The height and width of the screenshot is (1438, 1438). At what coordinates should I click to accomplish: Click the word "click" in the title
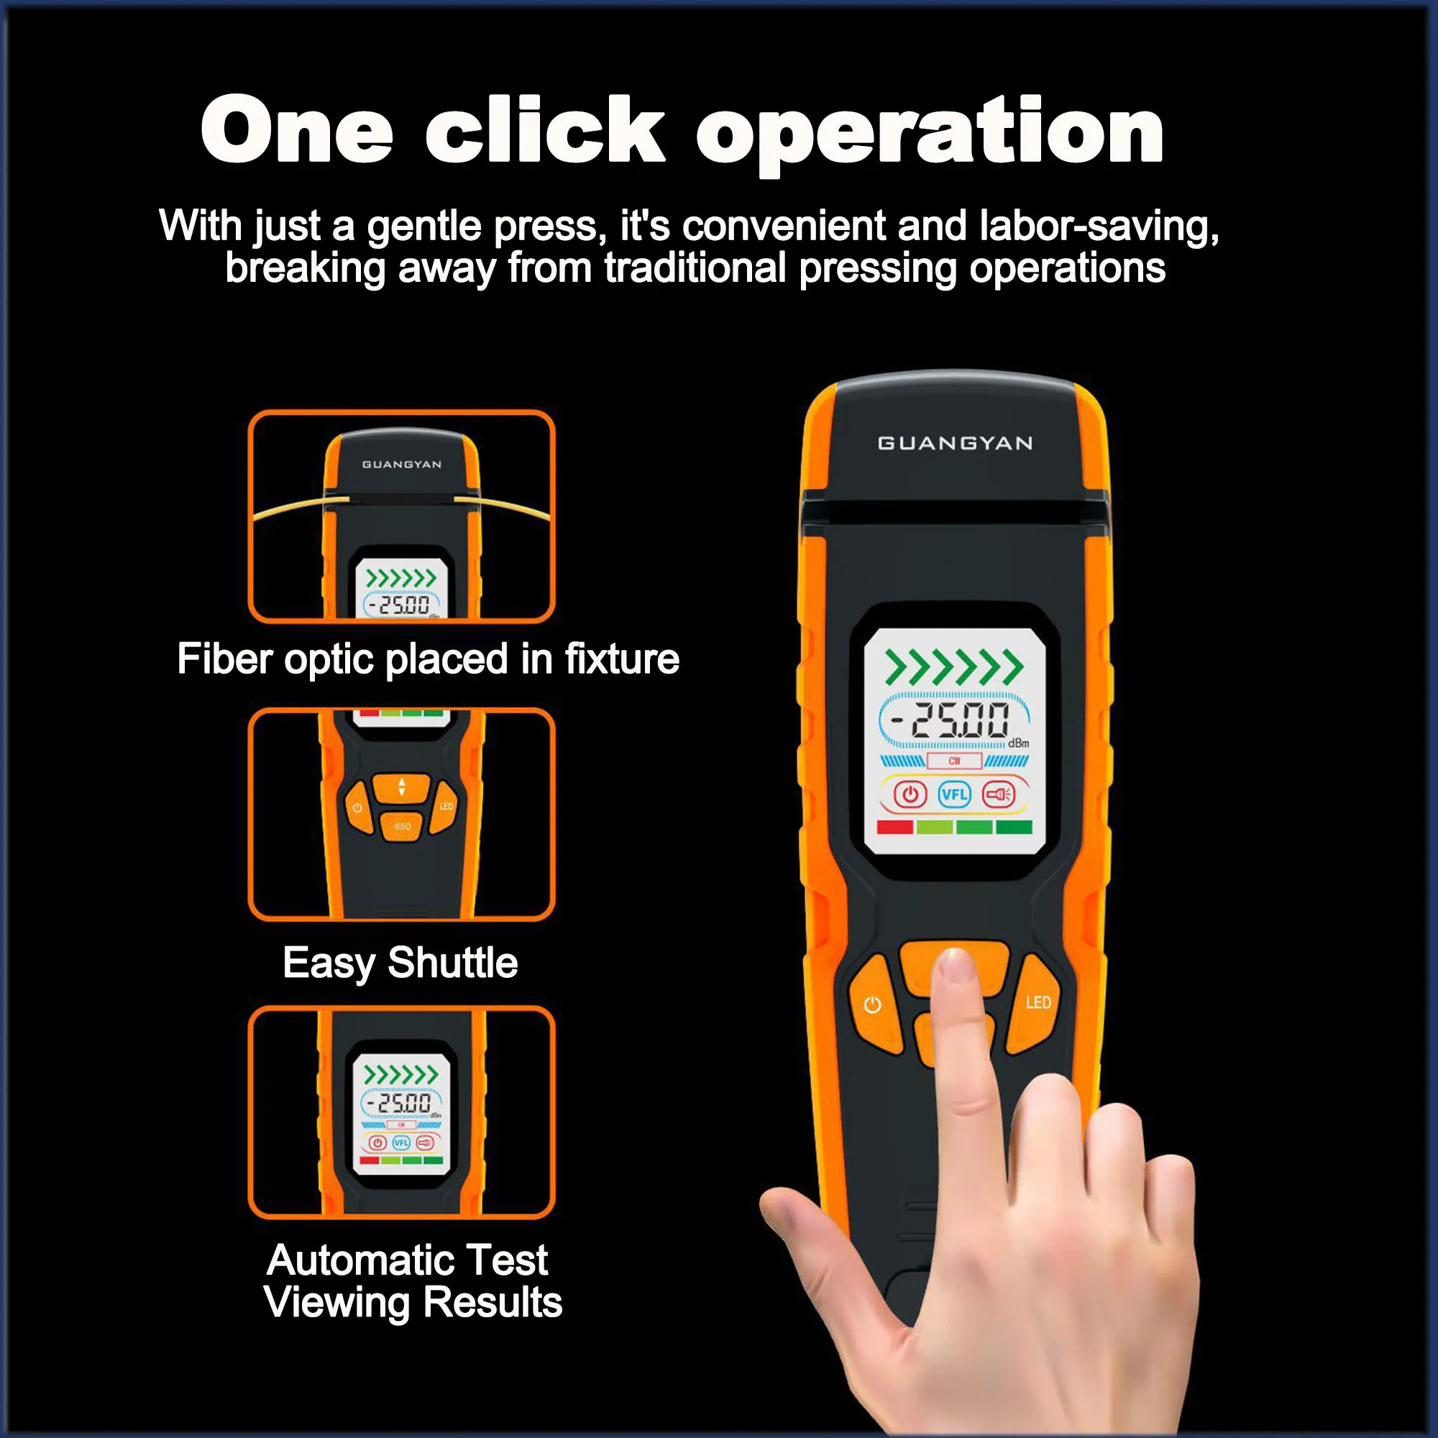[545, 131]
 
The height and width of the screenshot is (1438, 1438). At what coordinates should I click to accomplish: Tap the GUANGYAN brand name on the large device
[956, 444]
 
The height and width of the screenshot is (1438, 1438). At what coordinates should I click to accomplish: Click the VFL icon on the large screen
[954, 794]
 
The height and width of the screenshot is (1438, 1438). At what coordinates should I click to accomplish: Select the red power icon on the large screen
[910, 794]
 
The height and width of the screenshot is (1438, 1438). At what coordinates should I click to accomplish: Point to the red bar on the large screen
[895, 827]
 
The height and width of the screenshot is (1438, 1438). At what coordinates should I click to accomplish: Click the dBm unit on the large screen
[1018, 743]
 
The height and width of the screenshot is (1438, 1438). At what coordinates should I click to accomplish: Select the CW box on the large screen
[954, 761]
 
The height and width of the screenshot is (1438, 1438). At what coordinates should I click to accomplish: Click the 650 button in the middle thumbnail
[402, 826]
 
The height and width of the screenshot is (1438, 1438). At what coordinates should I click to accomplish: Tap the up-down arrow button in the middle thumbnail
[402, 787]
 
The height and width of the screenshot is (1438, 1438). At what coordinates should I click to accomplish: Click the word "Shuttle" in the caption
[452, 963]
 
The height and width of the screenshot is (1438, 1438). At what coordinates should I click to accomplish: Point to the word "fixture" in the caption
[622, 659]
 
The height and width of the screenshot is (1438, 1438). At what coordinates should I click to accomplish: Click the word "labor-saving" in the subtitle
[1099, 226]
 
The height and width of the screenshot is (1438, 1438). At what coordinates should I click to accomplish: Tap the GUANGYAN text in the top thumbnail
[402, 464]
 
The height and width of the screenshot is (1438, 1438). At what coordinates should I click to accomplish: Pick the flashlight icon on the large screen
[998, 794]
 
